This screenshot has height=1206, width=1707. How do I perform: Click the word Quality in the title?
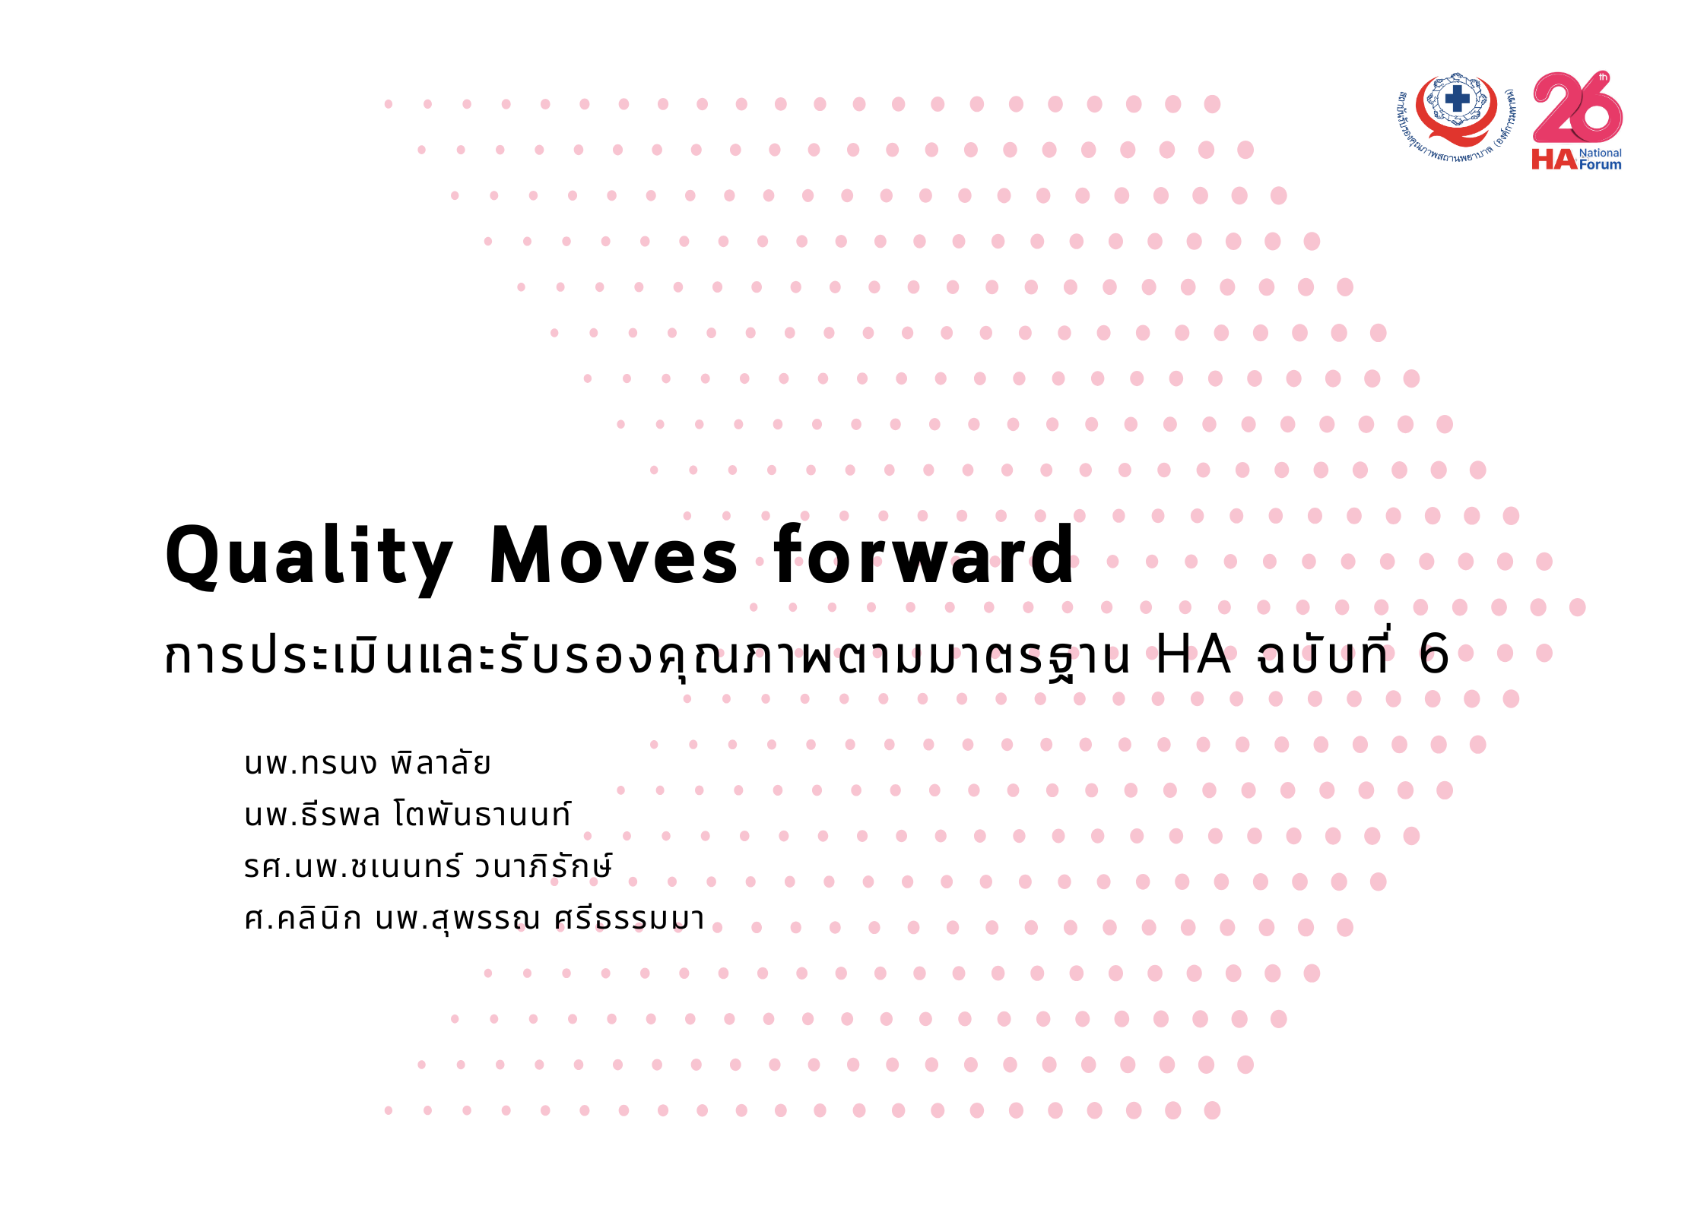pyautogui.click(x=309, y=559)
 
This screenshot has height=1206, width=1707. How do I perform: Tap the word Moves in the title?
pyautogui.click(x=613, y=556)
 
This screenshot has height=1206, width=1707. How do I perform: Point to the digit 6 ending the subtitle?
pyautogui.click(x=1434, y=654)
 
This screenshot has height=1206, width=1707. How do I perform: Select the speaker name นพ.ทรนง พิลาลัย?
pyautogui.click(x=367, y=762)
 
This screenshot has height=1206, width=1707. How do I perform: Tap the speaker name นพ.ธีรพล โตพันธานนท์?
pyautogui.click(x=408, y=814)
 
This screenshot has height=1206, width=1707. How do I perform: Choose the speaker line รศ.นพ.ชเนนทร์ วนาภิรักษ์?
pyautogui.click(x=427, y=866)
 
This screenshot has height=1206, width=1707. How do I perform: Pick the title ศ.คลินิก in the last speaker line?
pyautogui.click(x=303, y=917)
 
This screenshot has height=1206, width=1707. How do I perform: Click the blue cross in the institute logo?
pyautogui.click(x=1457, y=98)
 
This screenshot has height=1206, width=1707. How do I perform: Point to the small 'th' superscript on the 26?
pyautogui.click(x=1604, y=77)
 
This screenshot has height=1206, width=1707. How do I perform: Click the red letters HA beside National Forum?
pyautogui.click(x=1554, y=159)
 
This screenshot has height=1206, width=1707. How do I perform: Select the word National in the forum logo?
pyautogui.click(x=1601, y=153)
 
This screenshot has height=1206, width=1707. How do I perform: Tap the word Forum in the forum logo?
pyautogui.click(x=1601, y=164)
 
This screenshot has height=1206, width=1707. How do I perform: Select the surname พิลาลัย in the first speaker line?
pyautogui.click(x=440, y=762)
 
